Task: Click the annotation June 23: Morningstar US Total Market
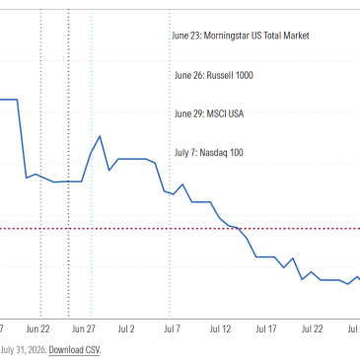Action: (241, 36)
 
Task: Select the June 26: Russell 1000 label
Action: (214, 75)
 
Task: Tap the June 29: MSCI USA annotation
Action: (209, 113)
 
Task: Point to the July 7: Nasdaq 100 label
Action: (209, 153)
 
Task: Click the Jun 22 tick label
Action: (37, 328)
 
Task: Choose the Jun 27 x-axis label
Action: (84, 328)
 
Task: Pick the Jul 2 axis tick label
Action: (126, 328)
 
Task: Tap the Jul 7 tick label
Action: (173, 328)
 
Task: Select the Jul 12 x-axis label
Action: (220, 328)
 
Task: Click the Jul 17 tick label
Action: (266, 328)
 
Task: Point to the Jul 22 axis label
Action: (313, 328)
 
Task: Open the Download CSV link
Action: (74, 349)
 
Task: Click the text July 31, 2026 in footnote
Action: (23, 349)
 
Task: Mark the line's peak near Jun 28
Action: (100, 136)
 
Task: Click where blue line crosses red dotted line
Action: (239, 229)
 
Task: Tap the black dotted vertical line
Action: (68, 164)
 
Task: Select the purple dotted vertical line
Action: (41, 164)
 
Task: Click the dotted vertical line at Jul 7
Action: (170, 164)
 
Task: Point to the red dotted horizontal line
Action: (180, 229)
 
